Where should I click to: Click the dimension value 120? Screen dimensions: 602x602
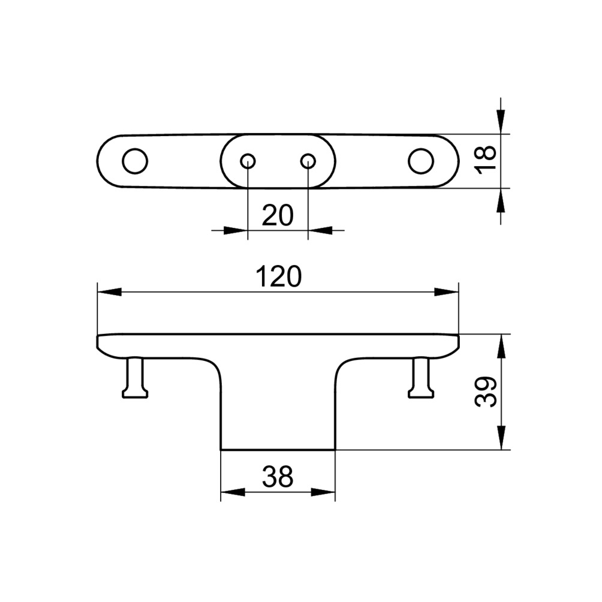278,276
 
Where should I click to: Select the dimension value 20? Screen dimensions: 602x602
278,215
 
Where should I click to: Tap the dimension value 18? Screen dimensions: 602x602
487,159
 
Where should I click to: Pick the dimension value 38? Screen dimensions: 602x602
278,477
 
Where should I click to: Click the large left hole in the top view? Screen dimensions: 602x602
134,161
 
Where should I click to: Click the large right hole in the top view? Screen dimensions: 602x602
421,161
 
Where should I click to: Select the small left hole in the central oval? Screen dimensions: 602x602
248,161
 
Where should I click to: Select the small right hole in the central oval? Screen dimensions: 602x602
308,161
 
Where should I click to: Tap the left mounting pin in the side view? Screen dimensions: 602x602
135,378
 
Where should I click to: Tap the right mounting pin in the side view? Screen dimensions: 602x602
421,378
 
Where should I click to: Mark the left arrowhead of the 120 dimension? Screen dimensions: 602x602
109,292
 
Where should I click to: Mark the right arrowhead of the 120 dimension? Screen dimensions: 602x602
447,292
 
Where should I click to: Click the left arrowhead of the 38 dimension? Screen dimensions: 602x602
233,493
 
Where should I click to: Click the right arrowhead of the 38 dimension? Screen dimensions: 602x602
323,493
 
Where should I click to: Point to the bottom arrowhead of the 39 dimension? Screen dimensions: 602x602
501,438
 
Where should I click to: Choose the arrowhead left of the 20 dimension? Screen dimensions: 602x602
236,230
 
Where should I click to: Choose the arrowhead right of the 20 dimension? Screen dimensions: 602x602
320,230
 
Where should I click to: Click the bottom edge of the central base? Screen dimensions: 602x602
278,450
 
